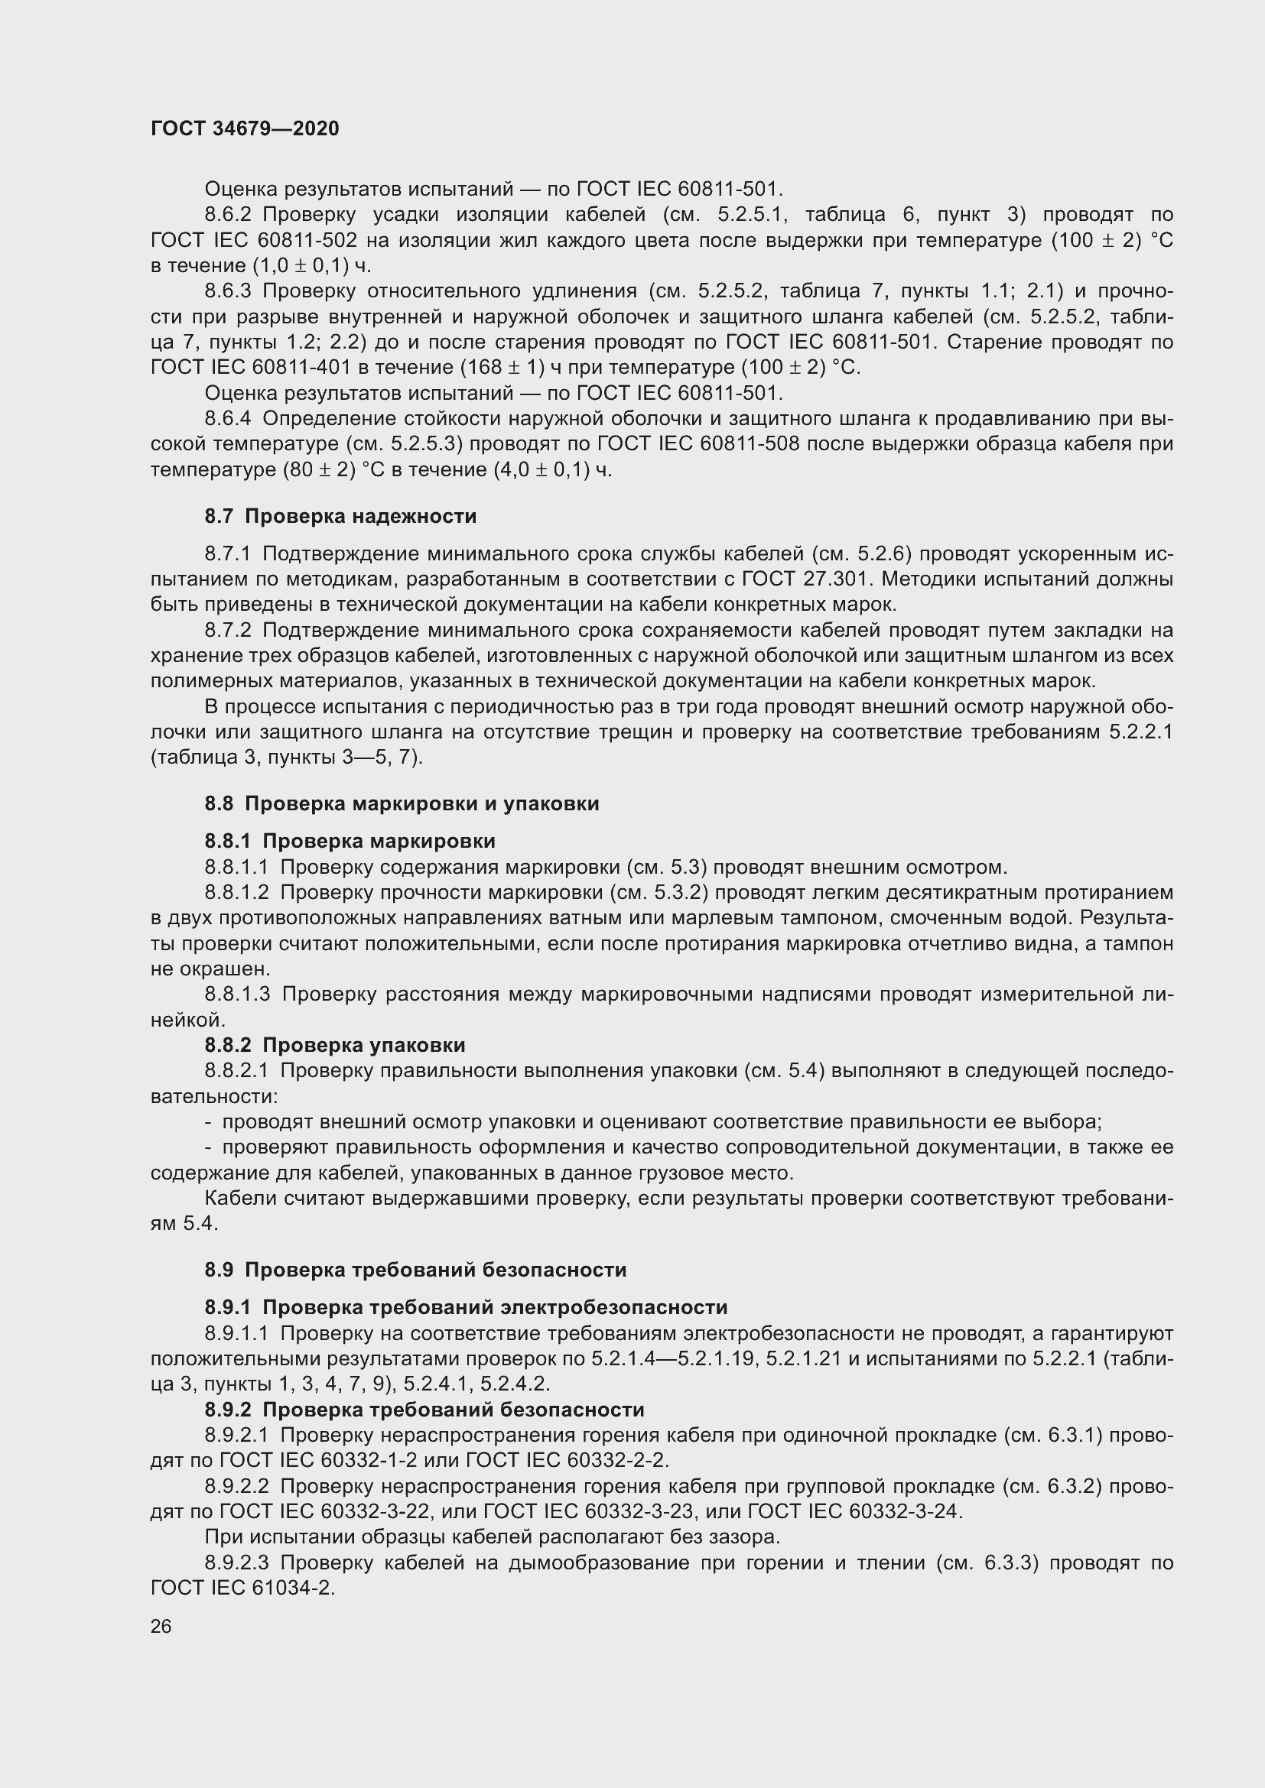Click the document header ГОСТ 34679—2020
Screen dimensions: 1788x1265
245,129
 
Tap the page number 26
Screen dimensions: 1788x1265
161,1625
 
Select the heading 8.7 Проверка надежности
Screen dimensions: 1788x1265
340,516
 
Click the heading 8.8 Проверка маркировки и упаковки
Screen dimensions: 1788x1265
402,803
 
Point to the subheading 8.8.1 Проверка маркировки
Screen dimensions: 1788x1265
350,841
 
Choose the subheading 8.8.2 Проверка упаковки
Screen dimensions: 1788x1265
335,1045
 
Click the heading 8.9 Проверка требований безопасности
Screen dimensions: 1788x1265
415,1270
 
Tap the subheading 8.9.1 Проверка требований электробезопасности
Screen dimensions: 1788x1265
466,1306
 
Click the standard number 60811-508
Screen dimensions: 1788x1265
754,445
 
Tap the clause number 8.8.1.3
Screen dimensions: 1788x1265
237,995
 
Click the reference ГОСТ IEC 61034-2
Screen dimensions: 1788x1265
242,1588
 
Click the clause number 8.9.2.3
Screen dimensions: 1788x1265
237,1563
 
